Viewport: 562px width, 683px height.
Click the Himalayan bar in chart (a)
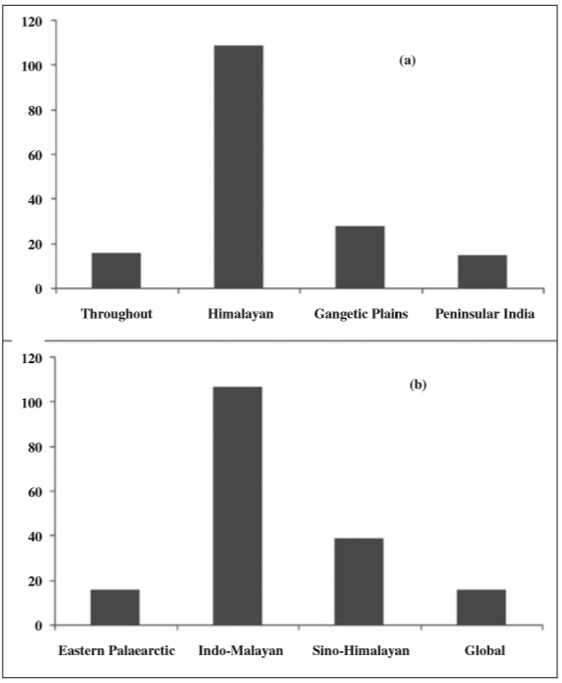point(238,167)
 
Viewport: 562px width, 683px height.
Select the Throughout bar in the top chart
point(116,271)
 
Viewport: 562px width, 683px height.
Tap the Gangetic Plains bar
point(360,257)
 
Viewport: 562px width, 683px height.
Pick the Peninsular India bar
point(481,272)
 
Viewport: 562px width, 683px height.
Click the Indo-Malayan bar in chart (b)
point(238,506)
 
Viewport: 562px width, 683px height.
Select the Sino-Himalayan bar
point(360,581)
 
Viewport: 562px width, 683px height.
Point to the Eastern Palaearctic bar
point(116,607)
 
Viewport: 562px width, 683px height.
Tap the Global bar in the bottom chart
point(481,607)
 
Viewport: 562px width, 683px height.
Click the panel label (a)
point(407,60)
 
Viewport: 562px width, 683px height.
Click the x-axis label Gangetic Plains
point(360,314)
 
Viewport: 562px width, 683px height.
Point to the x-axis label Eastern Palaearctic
point(115,651)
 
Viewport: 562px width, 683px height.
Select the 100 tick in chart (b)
point(32,402)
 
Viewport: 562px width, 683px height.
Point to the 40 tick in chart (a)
point(36,199)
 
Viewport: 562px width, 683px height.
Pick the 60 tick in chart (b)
point(36,491)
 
